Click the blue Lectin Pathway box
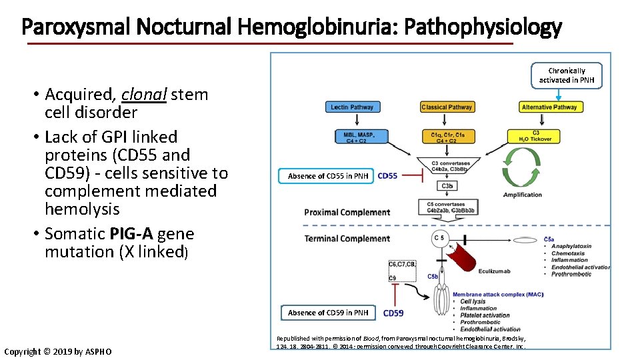pyautogui.click(x=352, y=107)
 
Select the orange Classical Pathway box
pyautogui.click(x=447, y=107)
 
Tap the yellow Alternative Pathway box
pyautogui.click(x=551, y=107)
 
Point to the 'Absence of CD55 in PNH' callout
pyautogui.click(x=327, y=176)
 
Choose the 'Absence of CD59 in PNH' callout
pyautogui.click(x=327, y=313)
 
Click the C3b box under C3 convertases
pyautogui.click(x=447, y=185)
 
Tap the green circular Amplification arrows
pyautogui.click(x=523, y=167)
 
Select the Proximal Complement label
pyautogui.click(x=347, y=213)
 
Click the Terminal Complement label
pyautogui.click(x=347, y=239)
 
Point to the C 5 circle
pyautogui.click(x=439, y=238)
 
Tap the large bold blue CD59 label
pyautogui.click(x=393, y=313)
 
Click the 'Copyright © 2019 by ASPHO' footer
pyautogui.click(x=58, y=351)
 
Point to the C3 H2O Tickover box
pyautogui.click(x=539, y=136)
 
